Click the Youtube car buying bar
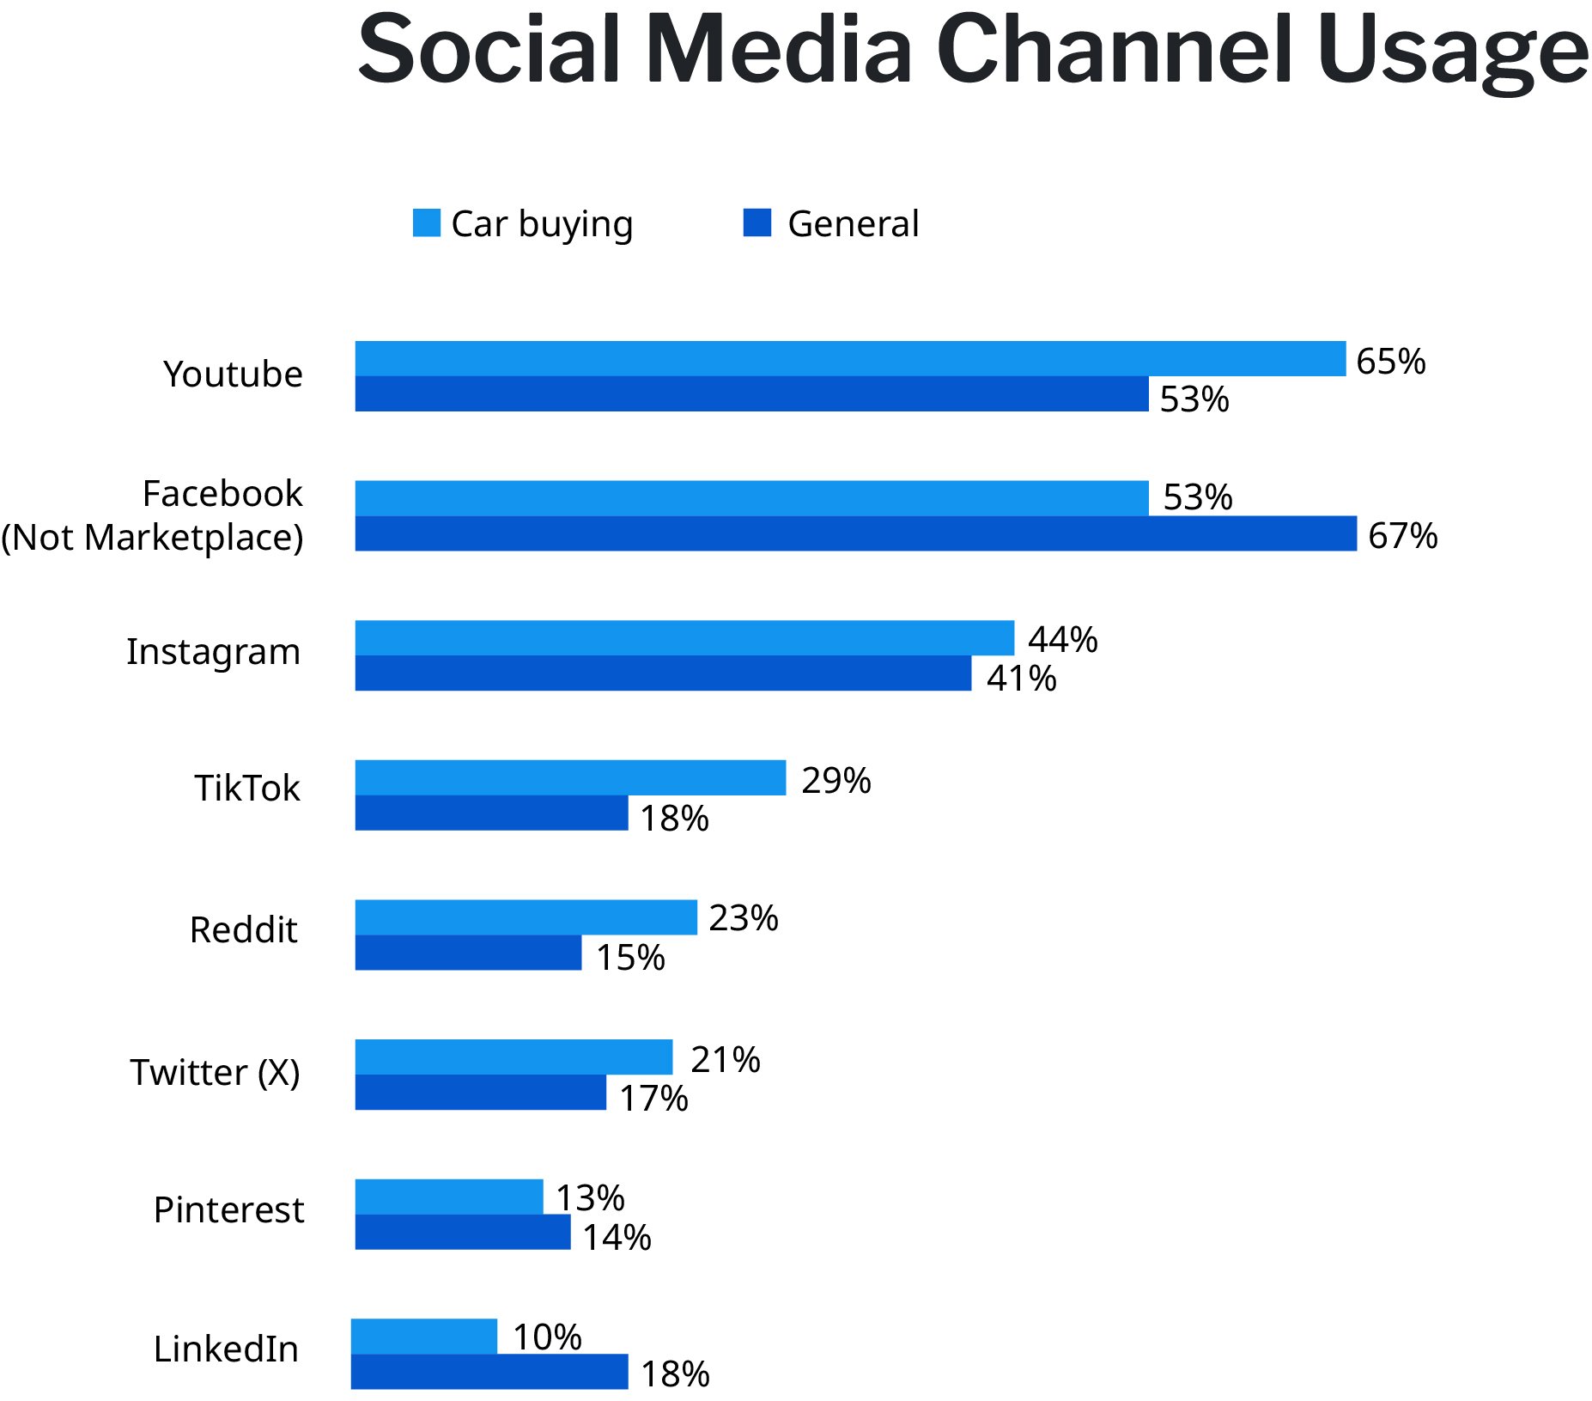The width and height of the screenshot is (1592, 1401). (x=850, y=358)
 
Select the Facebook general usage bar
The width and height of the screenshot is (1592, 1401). (x=855, y=533)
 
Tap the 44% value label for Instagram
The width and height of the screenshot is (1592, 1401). (x=1062, y=640)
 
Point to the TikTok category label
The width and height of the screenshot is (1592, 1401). (x=247, y=788)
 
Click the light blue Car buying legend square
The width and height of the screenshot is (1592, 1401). (x=426, y=222)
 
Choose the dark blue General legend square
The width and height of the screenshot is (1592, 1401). (x=757, y=222)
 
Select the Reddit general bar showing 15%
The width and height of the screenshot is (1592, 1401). (x=468, y=953)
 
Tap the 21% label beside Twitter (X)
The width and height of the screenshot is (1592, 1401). (x=725, y=1060)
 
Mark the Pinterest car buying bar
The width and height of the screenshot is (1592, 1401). (x=449, y=1197)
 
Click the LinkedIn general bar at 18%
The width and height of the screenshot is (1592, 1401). (x=489, y=1372)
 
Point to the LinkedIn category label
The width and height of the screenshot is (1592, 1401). (x=226, y=1349)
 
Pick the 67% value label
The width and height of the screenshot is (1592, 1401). (x=1402, y=536)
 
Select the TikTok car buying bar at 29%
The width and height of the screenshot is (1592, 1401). (x=570, y=777)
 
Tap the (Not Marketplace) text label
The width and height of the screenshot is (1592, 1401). (x=153, y=538)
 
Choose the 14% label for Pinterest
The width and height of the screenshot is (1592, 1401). (x=617, y=1238)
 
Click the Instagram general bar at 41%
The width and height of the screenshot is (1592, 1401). (x=663, y=673)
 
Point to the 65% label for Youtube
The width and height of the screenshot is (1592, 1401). (x=1390, y=362)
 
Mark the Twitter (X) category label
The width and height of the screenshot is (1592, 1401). (x=215, y=1072)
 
